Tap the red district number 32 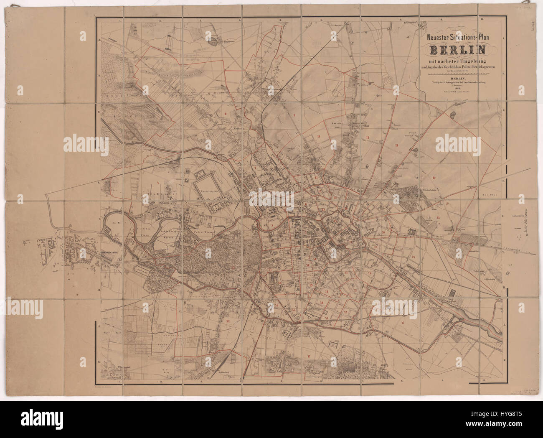click(x=228, y=321)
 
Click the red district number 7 click(x=254, y=168)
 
